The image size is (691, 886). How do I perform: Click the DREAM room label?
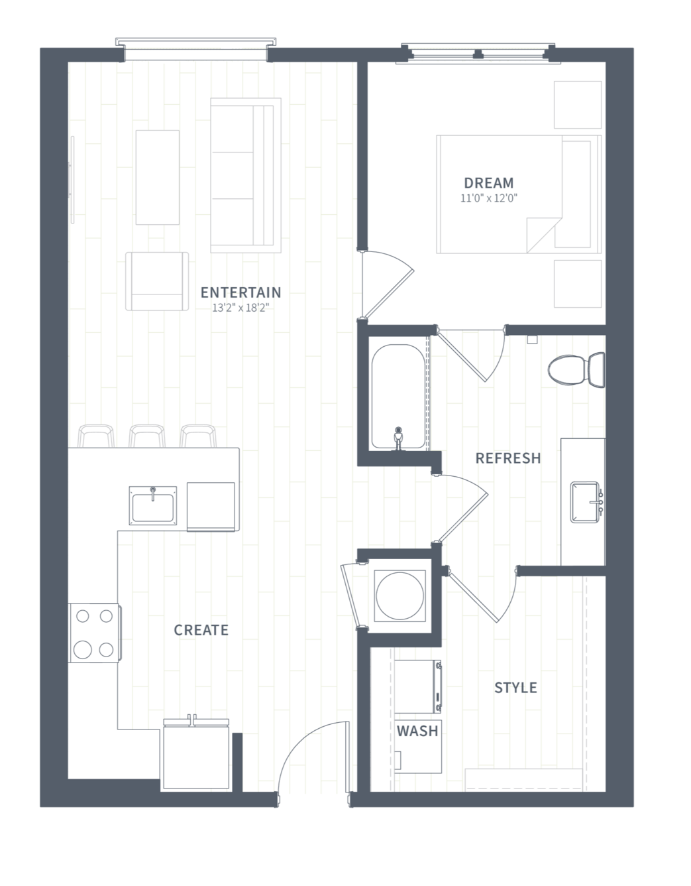489,182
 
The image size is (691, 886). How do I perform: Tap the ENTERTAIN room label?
240,292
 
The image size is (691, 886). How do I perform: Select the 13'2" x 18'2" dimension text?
240,308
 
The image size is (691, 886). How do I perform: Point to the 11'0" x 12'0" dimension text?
489,198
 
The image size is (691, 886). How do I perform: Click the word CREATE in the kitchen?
201,630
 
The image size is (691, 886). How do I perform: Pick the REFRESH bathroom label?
508,458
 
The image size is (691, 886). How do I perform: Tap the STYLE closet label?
515,688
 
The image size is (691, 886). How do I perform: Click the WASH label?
417,731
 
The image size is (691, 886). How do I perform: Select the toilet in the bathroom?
576,370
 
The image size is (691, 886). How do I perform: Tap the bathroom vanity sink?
585,502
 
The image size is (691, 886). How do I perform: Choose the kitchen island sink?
152,505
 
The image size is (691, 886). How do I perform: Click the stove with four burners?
95,633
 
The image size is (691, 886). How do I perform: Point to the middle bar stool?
147,436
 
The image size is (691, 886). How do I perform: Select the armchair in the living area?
157,281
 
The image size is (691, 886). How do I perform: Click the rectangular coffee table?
158,177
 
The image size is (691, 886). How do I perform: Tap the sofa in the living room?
246,175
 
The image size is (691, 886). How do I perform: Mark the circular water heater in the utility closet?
399,596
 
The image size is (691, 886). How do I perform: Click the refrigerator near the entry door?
196,754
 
